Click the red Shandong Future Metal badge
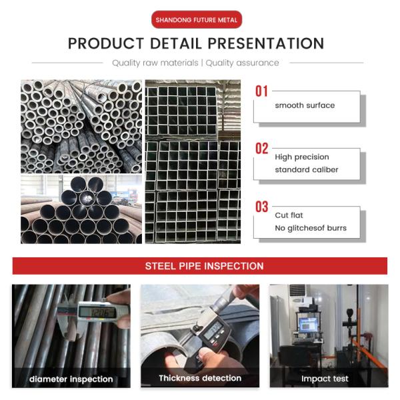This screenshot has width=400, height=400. pos(197,19)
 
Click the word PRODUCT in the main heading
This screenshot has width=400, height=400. pos(106,43)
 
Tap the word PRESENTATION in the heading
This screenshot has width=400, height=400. pos(266,43)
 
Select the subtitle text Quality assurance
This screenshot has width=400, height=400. pos(242,63)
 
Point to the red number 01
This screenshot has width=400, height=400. pos(262,91)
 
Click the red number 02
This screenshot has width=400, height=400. pos(262,149)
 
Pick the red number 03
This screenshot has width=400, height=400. pos(262,207)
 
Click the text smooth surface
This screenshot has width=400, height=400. pos(305,105)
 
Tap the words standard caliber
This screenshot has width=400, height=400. pos(307,169)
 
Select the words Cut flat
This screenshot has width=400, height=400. pos(289,215)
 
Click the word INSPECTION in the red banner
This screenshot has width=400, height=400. pos(233,266)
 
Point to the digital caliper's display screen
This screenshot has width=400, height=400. pos(97,312)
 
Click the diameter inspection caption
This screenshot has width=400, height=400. pos(71,379)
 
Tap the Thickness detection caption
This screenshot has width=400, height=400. pos(200,378)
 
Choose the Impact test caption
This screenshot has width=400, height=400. pos(325,379)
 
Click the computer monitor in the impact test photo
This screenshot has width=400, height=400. pos(308,325)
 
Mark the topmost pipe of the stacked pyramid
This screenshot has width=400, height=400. pos(87,184)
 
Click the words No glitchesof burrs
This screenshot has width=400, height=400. pos(311,228)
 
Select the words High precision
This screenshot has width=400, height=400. pos(302,157)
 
